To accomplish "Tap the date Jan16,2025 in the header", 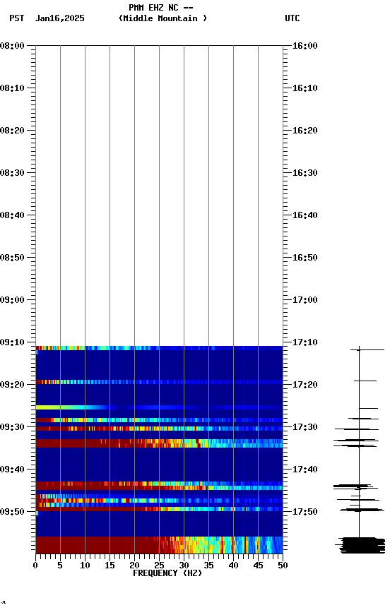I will point(59,18).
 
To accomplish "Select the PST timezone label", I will point(16,18).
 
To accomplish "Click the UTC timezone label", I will point(292,18).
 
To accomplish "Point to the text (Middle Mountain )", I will point(163,18).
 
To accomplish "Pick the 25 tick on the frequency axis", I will point(159,566).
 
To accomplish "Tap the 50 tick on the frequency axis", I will point(283,566).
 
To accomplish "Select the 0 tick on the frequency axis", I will point(35,566).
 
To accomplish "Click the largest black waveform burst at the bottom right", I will point(361,544).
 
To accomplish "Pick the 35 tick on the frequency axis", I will point(208,566).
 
